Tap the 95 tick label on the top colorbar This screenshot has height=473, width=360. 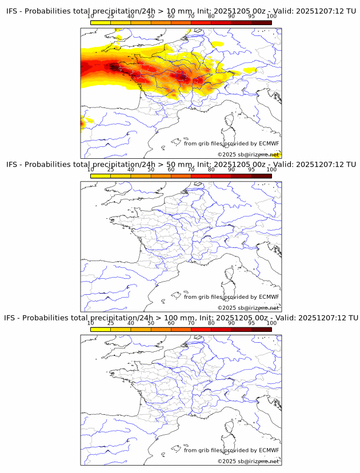click(251, 16)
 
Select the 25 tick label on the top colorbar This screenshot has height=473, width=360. click(110, 16)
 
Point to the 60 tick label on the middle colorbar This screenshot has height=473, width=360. click(171, 170)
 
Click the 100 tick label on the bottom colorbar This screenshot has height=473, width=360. click(271, 323)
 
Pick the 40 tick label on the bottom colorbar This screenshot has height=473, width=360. click(131, 323)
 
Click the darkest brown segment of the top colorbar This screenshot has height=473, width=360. click(261, 22)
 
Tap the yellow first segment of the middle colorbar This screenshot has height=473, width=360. click(101, 176)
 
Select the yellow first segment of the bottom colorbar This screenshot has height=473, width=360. click(101, 329)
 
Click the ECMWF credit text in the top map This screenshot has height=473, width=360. click(231, 143)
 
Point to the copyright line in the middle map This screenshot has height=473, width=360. click(248, 308)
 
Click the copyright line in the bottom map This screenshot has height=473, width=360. click(248, 461)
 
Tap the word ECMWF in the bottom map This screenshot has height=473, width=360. click(269, 450)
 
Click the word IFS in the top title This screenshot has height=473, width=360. click(11, 11)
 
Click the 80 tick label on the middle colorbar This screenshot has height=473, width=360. click(211, 170)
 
